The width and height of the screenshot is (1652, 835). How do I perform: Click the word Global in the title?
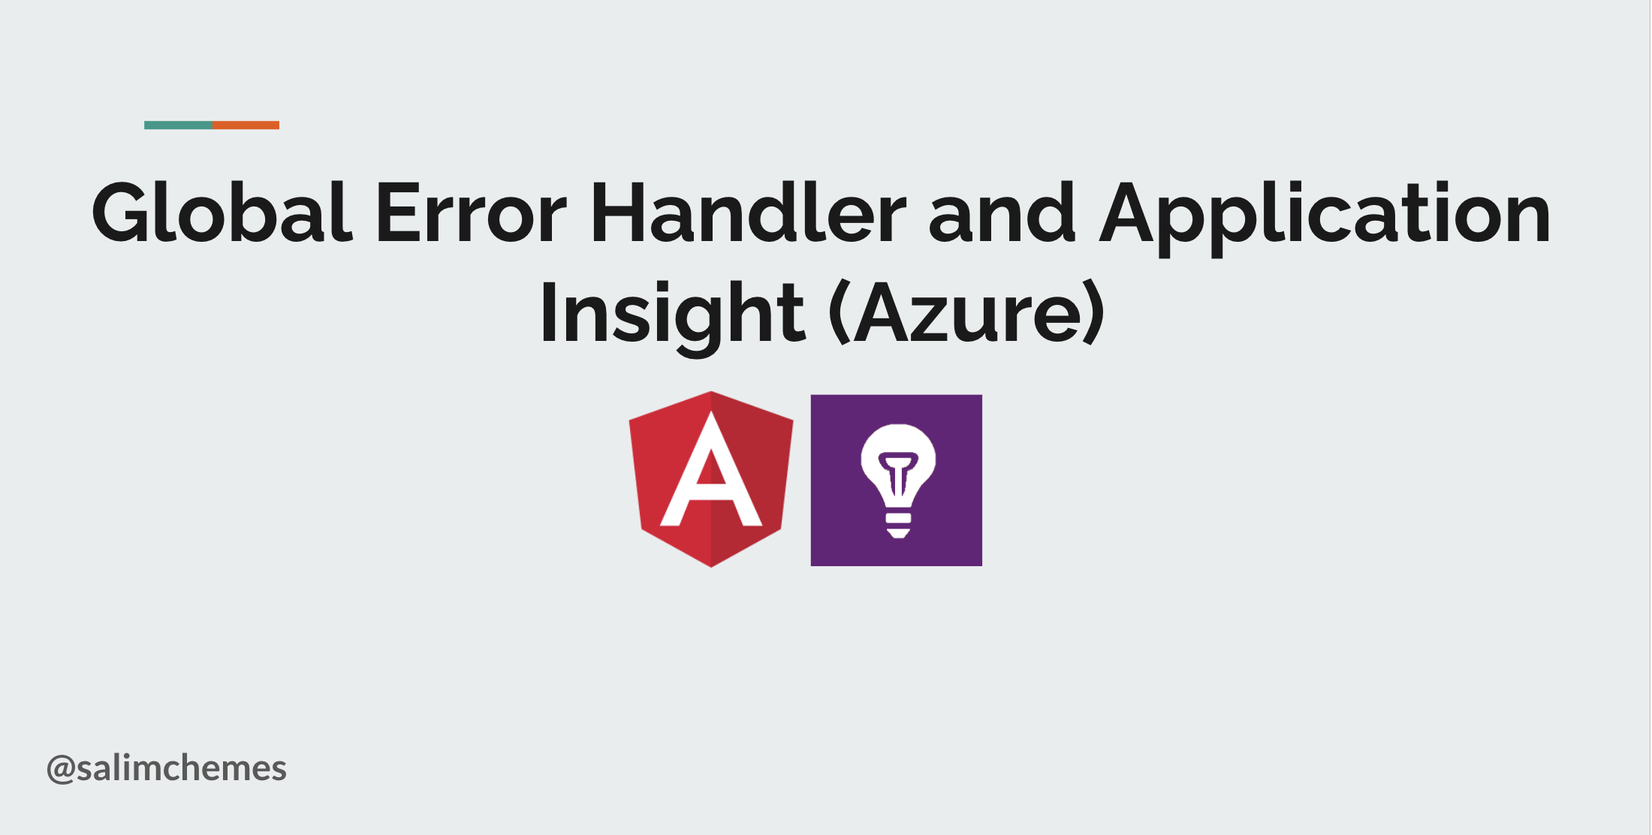click(222, 213)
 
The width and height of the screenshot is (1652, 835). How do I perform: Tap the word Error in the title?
click(471, 214)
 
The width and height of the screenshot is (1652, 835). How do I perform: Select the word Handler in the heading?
click(749, 213)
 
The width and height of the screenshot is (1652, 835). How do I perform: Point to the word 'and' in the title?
click(1002, 213)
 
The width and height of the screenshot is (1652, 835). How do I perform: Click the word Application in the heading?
click(1325, 218)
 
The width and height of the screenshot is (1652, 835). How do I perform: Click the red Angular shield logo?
click(711, 479)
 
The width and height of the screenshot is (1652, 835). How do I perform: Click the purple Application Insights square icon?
click(896, 481)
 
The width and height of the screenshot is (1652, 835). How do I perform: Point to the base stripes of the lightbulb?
click(898, 525)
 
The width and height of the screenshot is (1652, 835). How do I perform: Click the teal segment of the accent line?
click(179, 125)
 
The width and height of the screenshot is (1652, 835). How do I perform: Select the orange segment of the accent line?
click(246, 125)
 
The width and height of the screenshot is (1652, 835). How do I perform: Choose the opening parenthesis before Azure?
click(840, 313)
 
